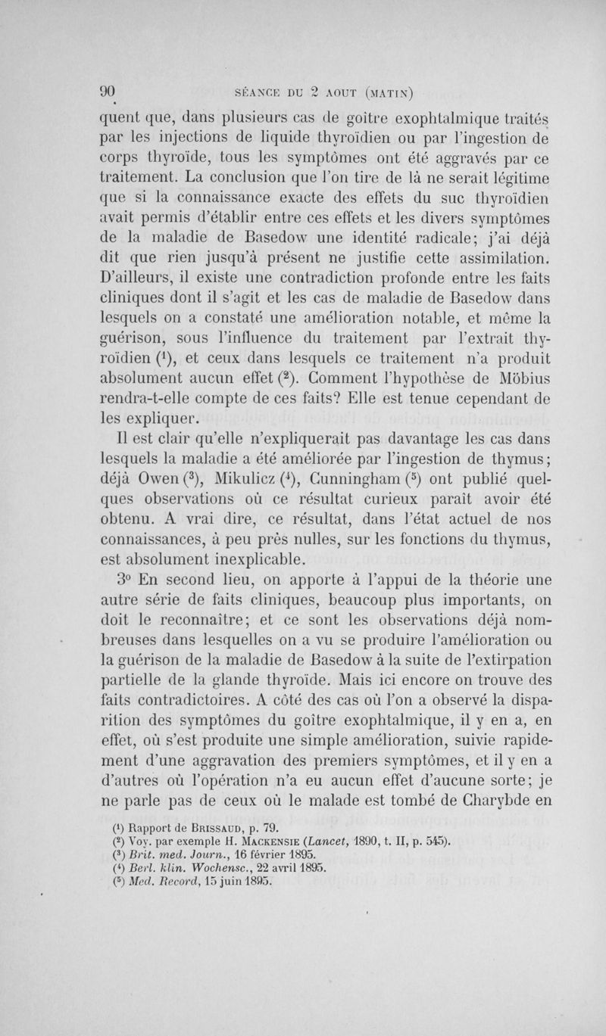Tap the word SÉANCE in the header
point(260,92)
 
